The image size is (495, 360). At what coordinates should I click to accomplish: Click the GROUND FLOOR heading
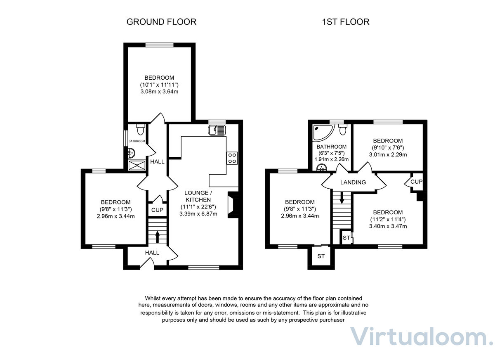[x=161, y=22]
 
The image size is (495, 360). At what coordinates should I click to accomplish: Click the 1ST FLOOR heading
[x=346, y=22]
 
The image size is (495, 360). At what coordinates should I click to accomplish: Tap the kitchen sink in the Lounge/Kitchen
[x=217, y=130]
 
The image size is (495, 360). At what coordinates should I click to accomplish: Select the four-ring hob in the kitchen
[x=232, y=158]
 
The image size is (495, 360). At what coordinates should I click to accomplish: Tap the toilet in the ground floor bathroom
[x=140, y=130]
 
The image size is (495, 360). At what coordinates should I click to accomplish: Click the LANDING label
[x=353, y=182]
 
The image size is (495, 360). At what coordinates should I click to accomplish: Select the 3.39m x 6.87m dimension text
[x=198, y=213]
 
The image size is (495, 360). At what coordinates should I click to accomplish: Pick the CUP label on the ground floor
[x=157, y=210]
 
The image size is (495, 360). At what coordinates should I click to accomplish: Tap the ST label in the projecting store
[x=321, y=256]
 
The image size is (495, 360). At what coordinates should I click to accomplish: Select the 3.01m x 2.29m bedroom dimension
[x=388, y=155]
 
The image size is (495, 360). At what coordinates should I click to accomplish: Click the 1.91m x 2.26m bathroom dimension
[x=331, y=159]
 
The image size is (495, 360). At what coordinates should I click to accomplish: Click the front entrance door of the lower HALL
[x=146, y=263]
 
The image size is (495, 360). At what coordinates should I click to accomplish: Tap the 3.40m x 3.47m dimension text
[x=388, y=226]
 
